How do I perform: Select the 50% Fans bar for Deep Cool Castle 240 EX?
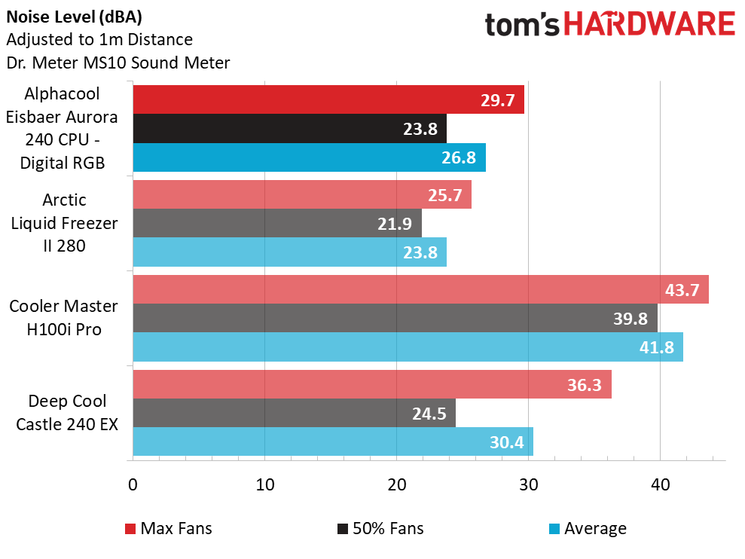[x=294, y=412]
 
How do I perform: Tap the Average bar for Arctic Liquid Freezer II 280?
[x=289, y=252]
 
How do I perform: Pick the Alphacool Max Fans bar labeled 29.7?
[x=328, y=99]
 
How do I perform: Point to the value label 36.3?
[x=584, y=385]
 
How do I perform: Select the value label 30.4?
[x=507, y=442]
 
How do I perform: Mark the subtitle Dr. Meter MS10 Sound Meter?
[x=118, y=63]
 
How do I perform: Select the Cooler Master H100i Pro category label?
[x=63, y=318]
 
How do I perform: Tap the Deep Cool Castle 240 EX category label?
[x=67, y=412]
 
